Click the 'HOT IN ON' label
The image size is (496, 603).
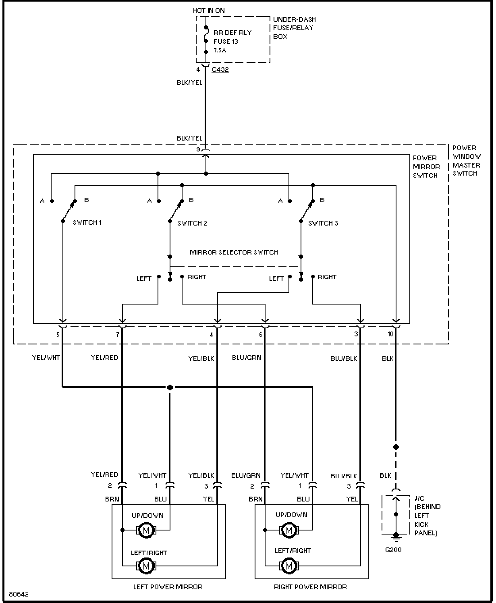[209, 10]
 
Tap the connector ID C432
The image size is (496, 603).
[220, 69]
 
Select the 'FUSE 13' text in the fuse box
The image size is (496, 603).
[226, 41]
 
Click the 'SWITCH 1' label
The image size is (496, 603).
[87, 222]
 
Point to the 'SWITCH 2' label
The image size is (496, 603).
[192, 223]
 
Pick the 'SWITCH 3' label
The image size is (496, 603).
[323, 223]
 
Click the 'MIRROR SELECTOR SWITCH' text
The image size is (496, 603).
[234, 253]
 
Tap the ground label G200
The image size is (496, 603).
[393, 550]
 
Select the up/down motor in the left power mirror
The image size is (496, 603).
[146, 530]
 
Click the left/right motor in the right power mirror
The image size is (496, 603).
[288, 566]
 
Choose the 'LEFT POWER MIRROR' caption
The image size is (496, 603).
[168, 587]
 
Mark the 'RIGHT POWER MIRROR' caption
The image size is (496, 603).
[310, 587]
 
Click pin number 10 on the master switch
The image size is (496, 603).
[390, 334]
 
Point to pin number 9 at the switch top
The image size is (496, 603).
[198, 149]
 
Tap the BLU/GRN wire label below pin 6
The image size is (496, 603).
[246, 358]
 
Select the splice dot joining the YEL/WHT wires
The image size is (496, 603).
[170, 387]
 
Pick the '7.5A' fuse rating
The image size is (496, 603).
[220, 51]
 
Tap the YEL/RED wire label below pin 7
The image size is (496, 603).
[104, 358]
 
